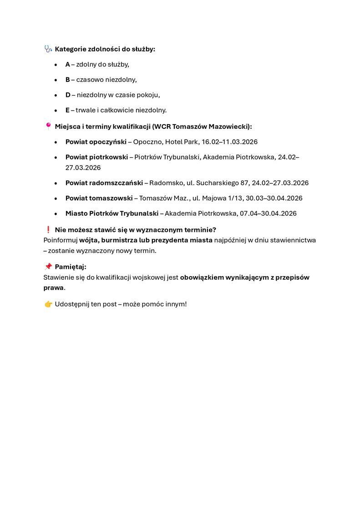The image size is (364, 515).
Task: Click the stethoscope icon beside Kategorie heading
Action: [x=48, y=49]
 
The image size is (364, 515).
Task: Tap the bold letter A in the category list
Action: [x=68, y=65]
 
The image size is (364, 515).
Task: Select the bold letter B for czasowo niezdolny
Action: [x=68, y=80]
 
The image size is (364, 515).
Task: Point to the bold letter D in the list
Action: [x=68, y=95]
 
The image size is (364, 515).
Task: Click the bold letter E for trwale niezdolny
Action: [x=68, y=110]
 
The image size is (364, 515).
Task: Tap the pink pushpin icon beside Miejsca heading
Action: [x=48, y=126]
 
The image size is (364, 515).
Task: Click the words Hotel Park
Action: [x=182, y=142]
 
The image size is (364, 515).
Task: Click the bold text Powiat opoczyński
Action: [x=96, y=142]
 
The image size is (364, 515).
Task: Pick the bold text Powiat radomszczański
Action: [x=104, y=183]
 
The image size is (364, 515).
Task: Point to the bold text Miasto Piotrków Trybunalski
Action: [x=112, y=213]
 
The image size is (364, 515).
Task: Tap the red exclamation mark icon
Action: [x=48, y=230]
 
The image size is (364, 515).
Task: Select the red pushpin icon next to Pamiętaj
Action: [x=48, y=267]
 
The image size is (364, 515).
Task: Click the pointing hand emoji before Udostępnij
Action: [x=48, y=304]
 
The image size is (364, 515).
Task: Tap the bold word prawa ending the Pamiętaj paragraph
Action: [x=54, y=288]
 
